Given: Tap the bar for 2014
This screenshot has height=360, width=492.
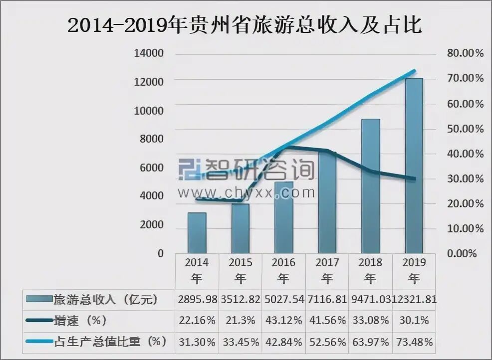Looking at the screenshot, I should pyautogui.click(x=197, y=233).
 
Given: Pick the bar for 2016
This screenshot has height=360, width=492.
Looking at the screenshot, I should pyautogui.click(x=283, y=217).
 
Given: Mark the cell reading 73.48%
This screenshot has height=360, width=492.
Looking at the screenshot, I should pyautogui.click(x=414, y=342).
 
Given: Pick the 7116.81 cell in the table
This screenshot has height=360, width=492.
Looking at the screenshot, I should pyautogui.click(x=327, y=299).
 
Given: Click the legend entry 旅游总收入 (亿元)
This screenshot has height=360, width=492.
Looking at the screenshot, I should pyautogui.click(x=105, y=299).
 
